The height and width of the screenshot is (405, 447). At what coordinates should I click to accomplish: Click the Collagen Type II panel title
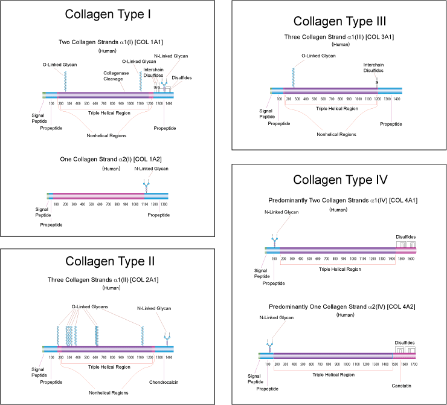pyautogui.click(x=110, y=261)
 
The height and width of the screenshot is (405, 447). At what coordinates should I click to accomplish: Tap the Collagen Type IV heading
pyautogui.click(x=340, y=180)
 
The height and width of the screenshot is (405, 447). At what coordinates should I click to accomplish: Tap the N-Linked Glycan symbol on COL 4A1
pyautogui.click(x=274, y=239)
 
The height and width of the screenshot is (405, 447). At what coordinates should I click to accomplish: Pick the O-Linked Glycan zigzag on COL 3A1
pyautogui.click(x=294, y=77)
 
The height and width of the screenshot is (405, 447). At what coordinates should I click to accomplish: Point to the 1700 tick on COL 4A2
pyautogui.click(x=413, y=364)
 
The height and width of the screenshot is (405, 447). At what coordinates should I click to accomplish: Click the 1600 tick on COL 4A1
pyautogui.click(x=411, y=258)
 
